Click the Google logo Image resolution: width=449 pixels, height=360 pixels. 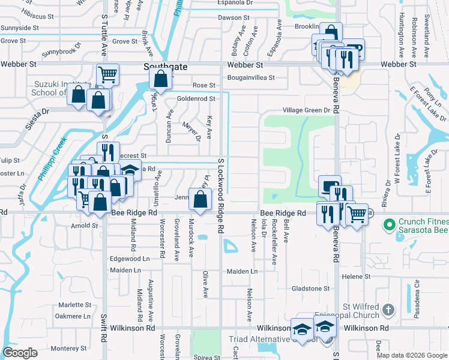point(20,353)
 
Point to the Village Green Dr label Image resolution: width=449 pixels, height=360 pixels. point(307,110)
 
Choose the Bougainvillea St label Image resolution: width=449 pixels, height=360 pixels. point(250,77)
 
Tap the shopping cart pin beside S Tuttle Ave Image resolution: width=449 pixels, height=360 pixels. point(107,75)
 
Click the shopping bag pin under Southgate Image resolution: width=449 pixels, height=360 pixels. point(161,79)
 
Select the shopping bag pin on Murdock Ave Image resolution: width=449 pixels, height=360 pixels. point(200,199)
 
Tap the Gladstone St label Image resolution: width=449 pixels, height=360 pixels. point(310,289)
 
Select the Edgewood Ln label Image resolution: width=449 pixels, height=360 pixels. point(129,259)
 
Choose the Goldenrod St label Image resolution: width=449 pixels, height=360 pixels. point(195,98)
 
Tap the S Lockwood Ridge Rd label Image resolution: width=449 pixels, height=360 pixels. point(221,195)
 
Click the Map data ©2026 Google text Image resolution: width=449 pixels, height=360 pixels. point(412,355)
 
